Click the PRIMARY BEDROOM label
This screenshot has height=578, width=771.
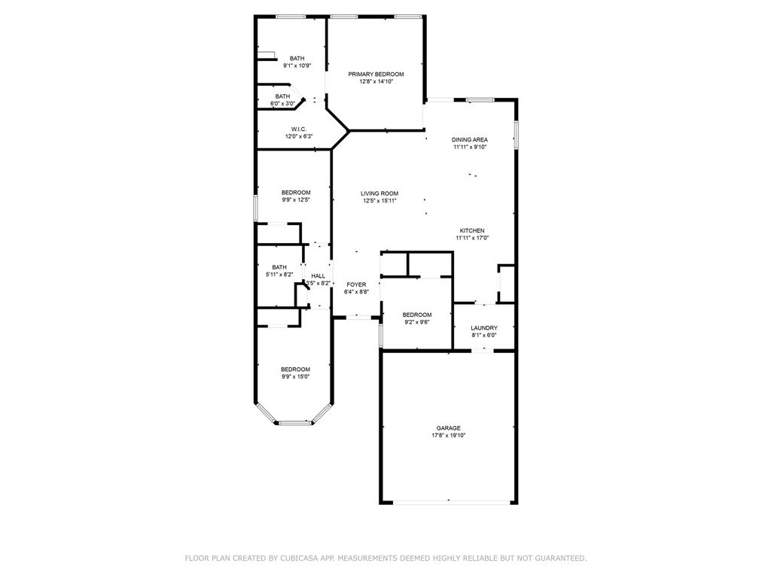pyautogui.click(x=376, y=74)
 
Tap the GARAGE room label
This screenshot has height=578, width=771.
pyautogui.click(x=448, y=428)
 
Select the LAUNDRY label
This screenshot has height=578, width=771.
pyautogui.click(x=484, y=328)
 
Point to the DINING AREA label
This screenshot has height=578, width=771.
pyautogui.click(x=470, y=140)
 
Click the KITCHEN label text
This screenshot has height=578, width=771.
pyautogui.click(x=472, y=230)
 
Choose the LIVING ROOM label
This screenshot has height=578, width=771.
pyautogui.click(x=379, y=193)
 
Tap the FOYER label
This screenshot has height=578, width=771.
pyautogui.click(x=356, y=284)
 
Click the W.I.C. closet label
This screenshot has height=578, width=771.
pyautogui.click(x=298, y=129)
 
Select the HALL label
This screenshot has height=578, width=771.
pyautogui.click(x=318, y=276)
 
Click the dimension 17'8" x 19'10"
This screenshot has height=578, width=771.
pyautogui.click(x=448, y=436)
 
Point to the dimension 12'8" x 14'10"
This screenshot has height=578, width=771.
pyautogui.click(x=376, y=81)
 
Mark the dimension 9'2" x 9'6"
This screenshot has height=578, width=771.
pyautogui.click(x=416, y=322)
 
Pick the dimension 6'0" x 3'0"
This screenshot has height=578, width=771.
pyautogui.click(x=282, y=103)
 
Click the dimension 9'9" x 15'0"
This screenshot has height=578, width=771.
pyautogui.click(x=295, y=376)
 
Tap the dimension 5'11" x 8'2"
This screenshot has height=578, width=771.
pyautogui.click(x=279, y=275)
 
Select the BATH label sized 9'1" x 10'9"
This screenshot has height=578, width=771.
pyautogui.click(x=297, y=59)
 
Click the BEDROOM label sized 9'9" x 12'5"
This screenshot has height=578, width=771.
pyautogui.click(x=296, y=193)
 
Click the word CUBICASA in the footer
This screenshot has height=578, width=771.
pyautogui.click(x=299, y=558)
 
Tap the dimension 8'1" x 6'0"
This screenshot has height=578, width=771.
pyautogui.click(x=484, y=336)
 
